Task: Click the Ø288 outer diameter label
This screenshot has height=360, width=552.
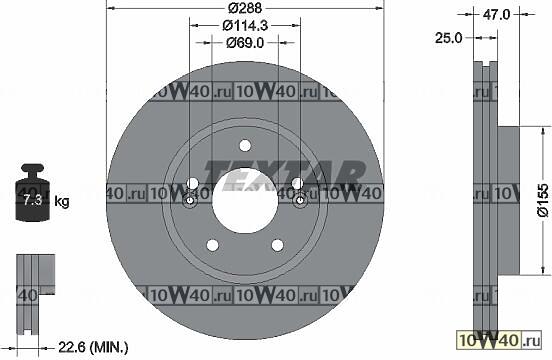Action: pos(245,8)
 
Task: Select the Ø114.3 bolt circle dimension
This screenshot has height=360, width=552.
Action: pos(245,25)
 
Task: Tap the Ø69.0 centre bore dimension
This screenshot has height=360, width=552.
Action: pos(245,43)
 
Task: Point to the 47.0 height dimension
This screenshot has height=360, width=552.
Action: pos(496,14)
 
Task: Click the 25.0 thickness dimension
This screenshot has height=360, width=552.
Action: pos(448,38)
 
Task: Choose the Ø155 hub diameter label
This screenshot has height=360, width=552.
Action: pos(542,200)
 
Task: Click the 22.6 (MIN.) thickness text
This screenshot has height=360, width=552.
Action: pos(93,348)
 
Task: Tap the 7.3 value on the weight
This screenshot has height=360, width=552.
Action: pos(32,200)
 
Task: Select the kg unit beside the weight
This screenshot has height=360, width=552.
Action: pos(62,202)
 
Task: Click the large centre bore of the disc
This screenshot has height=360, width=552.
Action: pos(245,200)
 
